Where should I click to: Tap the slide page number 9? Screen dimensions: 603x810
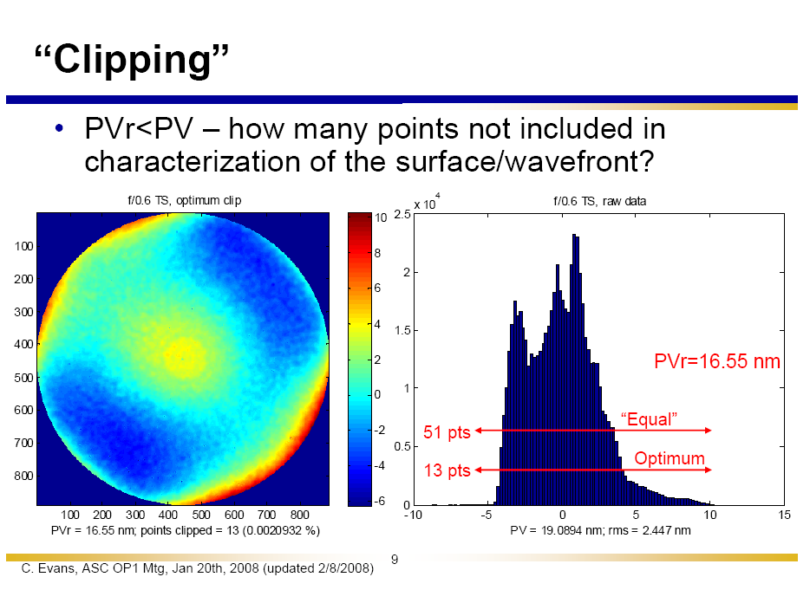pos(394,561)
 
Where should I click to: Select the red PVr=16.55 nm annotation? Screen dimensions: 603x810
pos(716,361)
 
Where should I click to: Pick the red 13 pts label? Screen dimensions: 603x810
pos(446,470)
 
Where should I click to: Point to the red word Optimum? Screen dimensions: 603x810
pos(670,458)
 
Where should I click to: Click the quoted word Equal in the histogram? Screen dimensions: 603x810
pos(649,419)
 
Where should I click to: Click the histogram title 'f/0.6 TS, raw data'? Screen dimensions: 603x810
pos(599,201)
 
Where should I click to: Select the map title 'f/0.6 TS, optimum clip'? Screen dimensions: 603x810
pos(184,200)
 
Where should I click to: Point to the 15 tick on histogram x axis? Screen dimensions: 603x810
pos(785,515)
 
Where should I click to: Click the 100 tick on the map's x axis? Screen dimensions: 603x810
pos(72,515)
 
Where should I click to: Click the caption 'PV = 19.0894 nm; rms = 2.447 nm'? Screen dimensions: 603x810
pos(600,529)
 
